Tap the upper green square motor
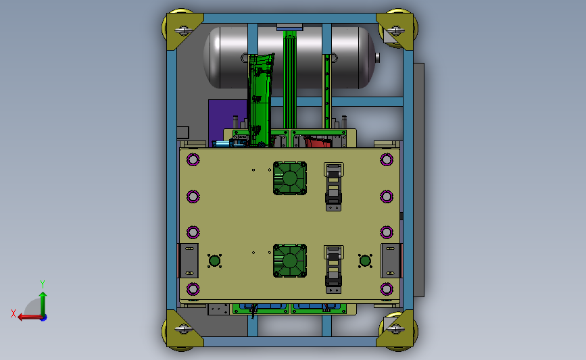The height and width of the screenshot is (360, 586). point(290,178)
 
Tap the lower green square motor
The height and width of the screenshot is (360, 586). point(290,261)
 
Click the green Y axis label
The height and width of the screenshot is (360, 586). point(43,284)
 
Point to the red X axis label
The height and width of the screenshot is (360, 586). point(14,313)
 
